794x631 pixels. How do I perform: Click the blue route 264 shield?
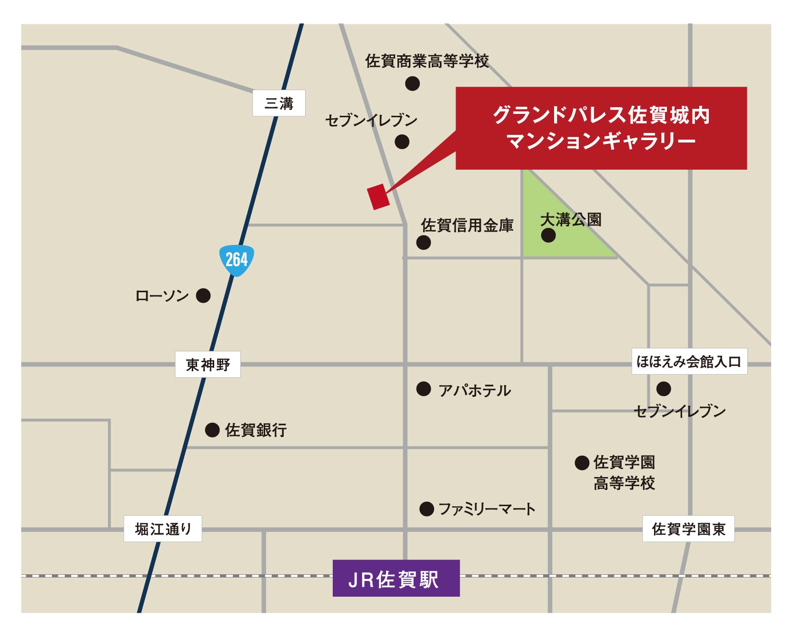pyautogui.click(x=237, y=260)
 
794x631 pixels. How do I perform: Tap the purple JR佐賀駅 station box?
pyautogui.click(x=396, y=578)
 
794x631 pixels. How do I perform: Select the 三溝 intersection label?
pyautogui.click(x=279, y=103)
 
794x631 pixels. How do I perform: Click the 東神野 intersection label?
pyautogui.click(x=208, y=365)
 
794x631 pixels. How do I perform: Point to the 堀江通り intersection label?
pyautogui.click(x=163, y=529)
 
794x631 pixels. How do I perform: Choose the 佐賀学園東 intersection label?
pyautogui.click(x=688, y=529)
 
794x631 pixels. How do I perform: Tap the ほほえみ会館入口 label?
pyautogui.click(x=689, y=362)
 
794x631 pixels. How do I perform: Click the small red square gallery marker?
pyautogui.click(x=378, y=197)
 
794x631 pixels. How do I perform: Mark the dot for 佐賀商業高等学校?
pyautogui.click(x=412, y=83)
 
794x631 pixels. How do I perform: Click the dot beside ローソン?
pyautogui.click(x=203, y=295)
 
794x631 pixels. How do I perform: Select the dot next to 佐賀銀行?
pyautogui.click(x=212, y=430)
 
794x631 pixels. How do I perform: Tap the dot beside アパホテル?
pyautogui.click(x=423, y=389)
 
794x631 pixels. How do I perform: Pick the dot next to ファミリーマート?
pyautogui.click(x=427, y=509)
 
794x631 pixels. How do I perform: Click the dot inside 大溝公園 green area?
pyautogui.click(x=548, y=235)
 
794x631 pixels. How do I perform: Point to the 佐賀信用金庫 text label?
pyautogui.click(x=467, y=225)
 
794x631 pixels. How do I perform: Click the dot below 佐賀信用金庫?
pyautogui.click(x=423, y=242)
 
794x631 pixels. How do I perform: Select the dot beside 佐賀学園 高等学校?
pyautogui.click(x=582, y=463)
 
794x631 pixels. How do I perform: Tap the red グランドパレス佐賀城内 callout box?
pyautogui.click(x=601, y=128)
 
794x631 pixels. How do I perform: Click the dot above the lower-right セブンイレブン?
pyautogui.click(x=664, y=389)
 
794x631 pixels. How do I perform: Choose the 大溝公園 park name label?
pyautogui.click(x=571, y=220)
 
